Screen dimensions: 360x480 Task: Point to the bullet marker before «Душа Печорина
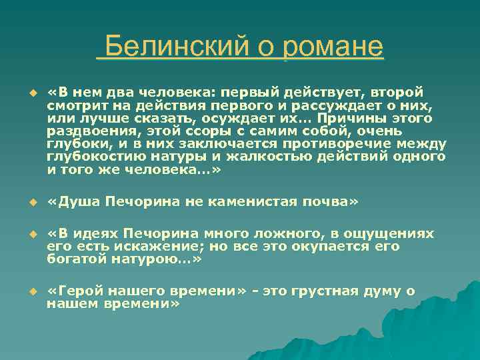[26, 203]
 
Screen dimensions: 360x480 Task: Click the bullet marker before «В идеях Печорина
[26, 235]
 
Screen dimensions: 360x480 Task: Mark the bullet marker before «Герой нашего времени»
[26, 292]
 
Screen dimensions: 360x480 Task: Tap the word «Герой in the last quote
[72, 291]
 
